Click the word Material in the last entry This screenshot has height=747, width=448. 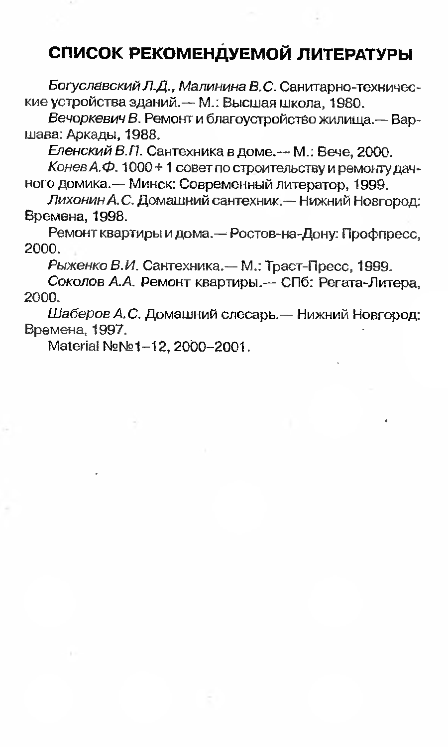[x=71, y=345]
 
